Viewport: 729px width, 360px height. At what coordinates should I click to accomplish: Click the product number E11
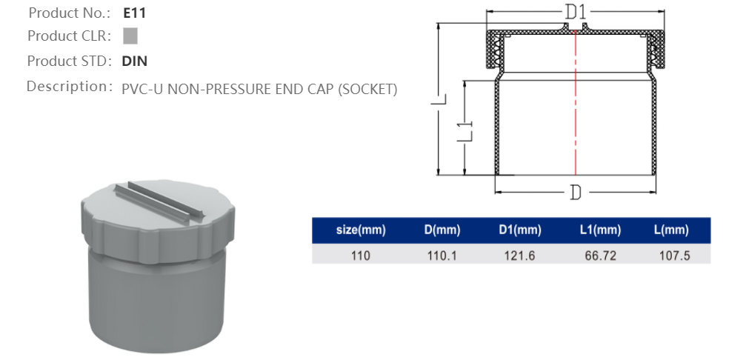[x=134, y=13]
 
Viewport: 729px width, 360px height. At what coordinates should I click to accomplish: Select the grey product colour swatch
[x=130, y=36]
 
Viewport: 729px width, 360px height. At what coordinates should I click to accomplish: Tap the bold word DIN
[x=134, y=61]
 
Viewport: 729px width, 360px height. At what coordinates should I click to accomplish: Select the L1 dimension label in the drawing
[x=464, y=128]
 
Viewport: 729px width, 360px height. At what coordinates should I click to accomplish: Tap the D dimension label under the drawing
[x=575, y=193]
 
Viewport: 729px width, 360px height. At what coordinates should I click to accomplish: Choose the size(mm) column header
[x=361, y=230]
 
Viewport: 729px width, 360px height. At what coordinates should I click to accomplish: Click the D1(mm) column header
[x=519, y=230]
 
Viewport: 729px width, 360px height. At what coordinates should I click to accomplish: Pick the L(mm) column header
[x=671, y=230]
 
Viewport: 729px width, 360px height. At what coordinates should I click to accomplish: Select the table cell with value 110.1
[x=442, y=255]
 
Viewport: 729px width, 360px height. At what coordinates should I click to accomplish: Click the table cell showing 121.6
[x=519, y=255]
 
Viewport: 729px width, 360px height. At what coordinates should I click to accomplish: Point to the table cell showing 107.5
[x=671, y=255]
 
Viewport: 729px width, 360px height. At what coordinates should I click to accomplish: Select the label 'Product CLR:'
[x=69, y=36]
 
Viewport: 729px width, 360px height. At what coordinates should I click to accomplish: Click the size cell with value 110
[x=361, y=255]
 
